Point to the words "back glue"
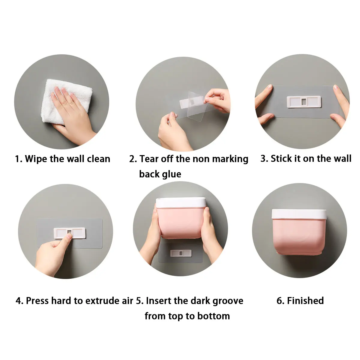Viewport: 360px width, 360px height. coord(160,174)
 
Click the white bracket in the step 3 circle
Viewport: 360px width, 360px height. coord(304,102)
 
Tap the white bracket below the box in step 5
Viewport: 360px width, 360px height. coord(181,253)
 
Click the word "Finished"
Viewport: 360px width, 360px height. coord(305,301)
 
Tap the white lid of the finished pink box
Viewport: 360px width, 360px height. coord(299,214)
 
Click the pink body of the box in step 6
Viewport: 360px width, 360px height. coord(299,236)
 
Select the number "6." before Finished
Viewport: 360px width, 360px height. coord(280,301)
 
